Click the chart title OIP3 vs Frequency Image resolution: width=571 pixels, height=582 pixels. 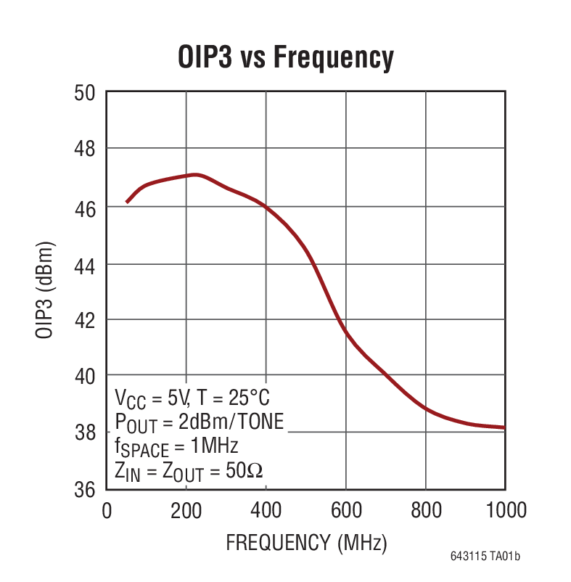coord(285,57)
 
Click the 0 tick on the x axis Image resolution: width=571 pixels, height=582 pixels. coord(107,510)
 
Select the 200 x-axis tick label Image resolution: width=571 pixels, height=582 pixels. coord(186,510)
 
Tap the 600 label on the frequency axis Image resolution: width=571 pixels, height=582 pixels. coord(345,510)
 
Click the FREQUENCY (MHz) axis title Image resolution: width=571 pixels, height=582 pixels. coord(305,542)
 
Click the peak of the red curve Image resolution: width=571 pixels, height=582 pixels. coord(194,174)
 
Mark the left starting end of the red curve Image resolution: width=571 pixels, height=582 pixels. coord(127,202)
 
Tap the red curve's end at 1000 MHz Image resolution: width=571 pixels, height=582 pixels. coord(504,427)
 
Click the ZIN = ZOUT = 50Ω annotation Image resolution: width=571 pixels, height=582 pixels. coord(189,470)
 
